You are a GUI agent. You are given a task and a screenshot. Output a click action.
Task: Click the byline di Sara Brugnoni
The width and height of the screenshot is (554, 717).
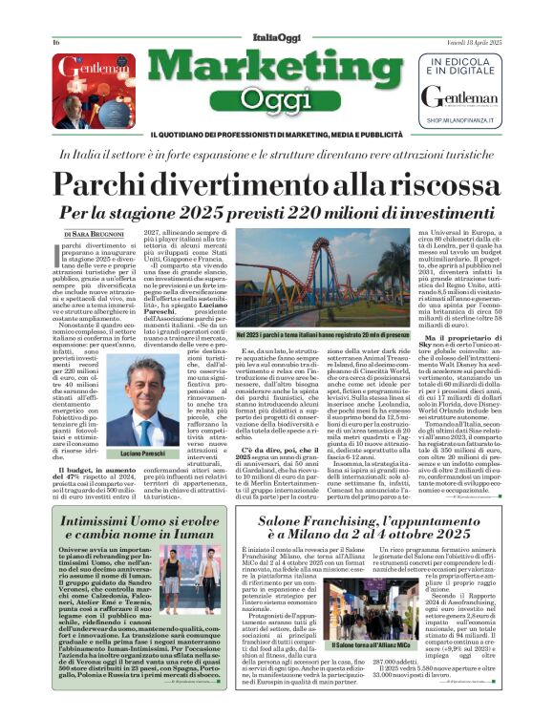pos(96,233)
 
